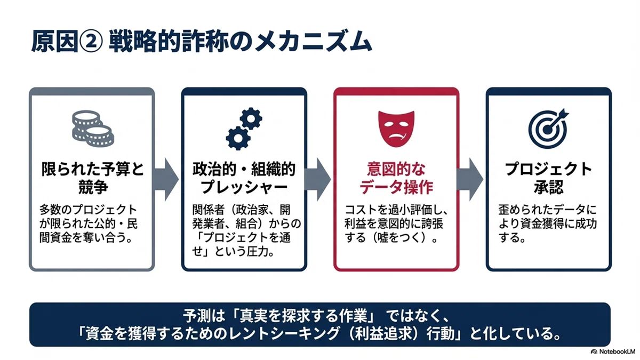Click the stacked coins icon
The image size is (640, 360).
point(93,129)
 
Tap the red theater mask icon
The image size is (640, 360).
point(396,129)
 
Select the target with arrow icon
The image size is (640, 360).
point(548,129)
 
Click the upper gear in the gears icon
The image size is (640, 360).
point(251,118)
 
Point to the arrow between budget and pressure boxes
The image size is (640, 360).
point(166,179)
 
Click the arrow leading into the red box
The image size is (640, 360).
point(318,179)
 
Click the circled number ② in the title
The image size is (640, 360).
point(91,42)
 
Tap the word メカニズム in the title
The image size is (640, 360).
point(313,42)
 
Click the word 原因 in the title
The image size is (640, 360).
point(54,42)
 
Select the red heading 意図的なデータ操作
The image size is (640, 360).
point(396,178)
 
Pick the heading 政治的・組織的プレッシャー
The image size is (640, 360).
point(244,178)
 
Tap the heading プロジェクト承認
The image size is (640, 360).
point(548,178)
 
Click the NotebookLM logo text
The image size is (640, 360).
point(617,351)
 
